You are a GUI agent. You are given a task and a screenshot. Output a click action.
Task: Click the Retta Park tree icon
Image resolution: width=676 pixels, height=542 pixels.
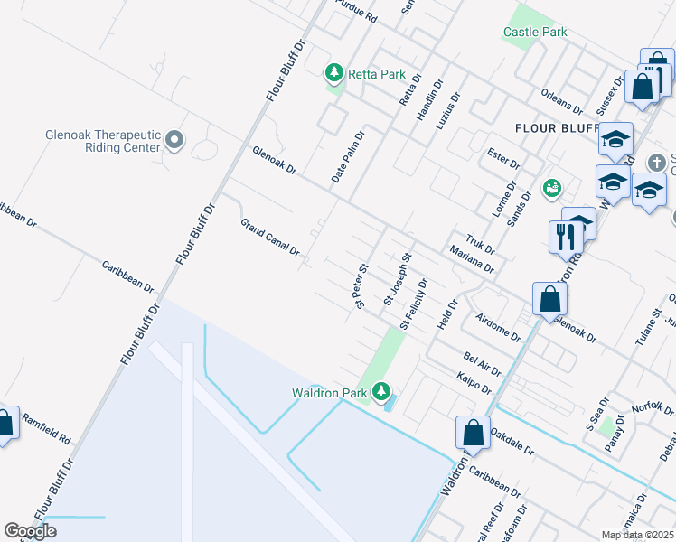(x=334, y=71)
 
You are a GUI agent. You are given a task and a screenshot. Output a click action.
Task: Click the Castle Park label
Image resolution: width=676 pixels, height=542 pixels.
(x=535, y=32)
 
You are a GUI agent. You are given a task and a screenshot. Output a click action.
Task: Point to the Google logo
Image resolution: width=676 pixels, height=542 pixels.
(x=31, y=531)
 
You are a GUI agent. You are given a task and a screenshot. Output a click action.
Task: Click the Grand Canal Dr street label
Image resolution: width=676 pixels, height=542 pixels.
(x=269, y=238)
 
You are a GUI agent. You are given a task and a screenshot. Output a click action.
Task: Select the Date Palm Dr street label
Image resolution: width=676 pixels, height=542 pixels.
(x=347, y=157)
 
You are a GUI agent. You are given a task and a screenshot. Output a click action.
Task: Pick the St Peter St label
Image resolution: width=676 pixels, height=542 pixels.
(x=363, y=285)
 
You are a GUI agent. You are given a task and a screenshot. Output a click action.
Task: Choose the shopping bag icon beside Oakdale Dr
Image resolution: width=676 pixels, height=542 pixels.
(x=473, y=432)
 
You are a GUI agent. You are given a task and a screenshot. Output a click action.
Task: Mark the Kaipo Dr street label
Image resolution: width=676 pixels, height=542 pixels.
(x=474, y=383)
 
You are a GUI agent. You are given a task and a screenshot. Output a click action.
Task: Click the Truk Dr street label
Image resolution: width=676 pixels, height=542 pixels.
(x=481, y=243)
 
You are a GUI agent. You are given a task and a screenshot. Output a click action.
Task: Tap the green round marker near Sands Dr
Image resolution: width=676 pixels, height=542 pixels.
(x=551, y=188)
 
